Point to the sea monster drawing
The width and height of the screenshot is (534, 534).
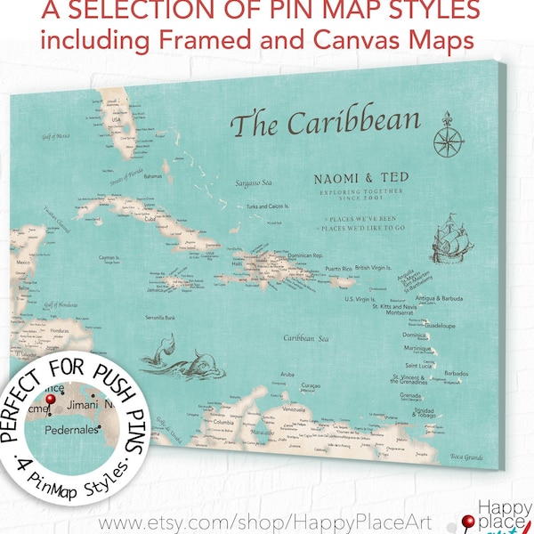point(182,356)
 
